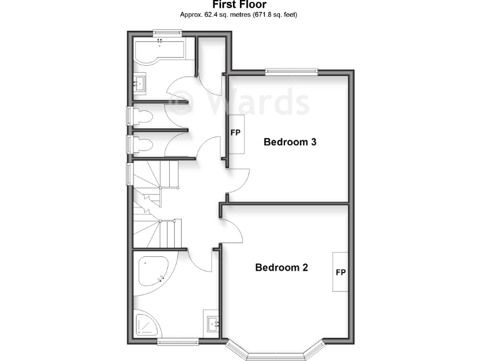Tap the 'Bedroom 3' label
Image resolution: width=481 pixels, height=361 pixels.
(289, 142)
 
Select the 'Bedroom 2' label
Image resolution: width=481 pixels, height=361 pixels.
(281, 268)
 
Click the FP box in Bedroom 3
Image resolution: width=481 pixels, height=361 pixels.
(235, 133)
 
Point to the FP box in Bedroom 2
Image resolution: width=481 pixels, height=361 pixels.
(341, 272)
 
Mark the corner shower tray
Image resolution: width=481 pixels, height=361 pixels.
(147, 325)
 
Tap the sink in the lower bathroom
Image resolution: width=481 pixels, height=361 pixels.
(212, 324)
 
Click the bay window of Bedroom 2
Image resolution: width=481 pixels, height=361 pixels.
(276, 352)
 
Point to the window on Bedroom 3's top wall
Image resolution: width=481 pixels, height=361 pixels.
(291, 71)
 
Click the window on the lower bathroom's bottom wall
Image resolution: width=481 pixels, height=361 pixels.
(178, 341)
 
